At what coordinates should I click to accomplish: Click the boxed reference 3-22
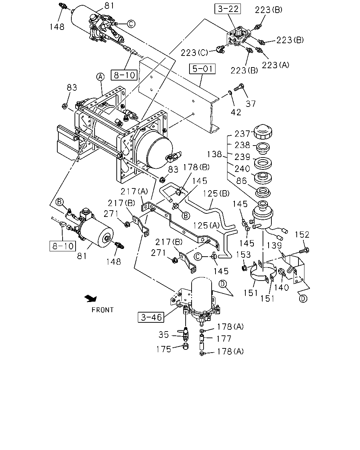[x=227, y=9]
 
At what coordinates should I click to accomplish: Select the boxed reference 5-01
[x=202, y=69]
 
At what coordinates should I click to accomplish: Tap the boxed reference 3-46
[x=151, y=317]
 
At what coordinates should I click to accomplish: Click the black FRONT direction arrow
[x=91, y=298]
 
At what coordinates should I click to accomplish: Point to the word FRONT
[x=103, y=310]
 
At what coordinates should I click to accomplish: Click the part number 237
[x=242, y=134]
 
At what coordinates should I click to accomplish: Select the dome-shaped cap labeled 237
[x=263, y=131]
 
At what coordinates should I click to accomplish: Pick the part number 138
[x=214, y=154]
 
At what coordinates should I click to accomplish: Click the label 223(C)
[x=194, y=53]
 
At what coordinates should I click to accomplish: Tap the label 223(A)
[x=276, y=65]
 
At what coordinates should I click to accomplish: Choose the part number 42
[x=236, y=112]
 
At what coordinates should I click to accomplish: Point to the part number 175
[x=164, y=349]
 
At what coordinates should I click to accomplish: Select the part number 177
[x=224, y=339]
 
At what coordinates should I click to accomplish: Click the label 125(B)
[x=216, y=193]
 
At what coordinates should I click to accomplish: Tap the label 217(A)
[x=134, y=191]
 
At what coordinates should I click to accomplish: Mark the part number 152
[x=302, y=234]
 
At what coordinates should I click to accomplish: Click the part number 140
[x=281, y=288]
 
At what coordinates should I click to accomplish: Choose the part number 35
[x=163, y=335]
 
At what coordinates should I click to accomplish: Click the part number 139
[x=274, y=245]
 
